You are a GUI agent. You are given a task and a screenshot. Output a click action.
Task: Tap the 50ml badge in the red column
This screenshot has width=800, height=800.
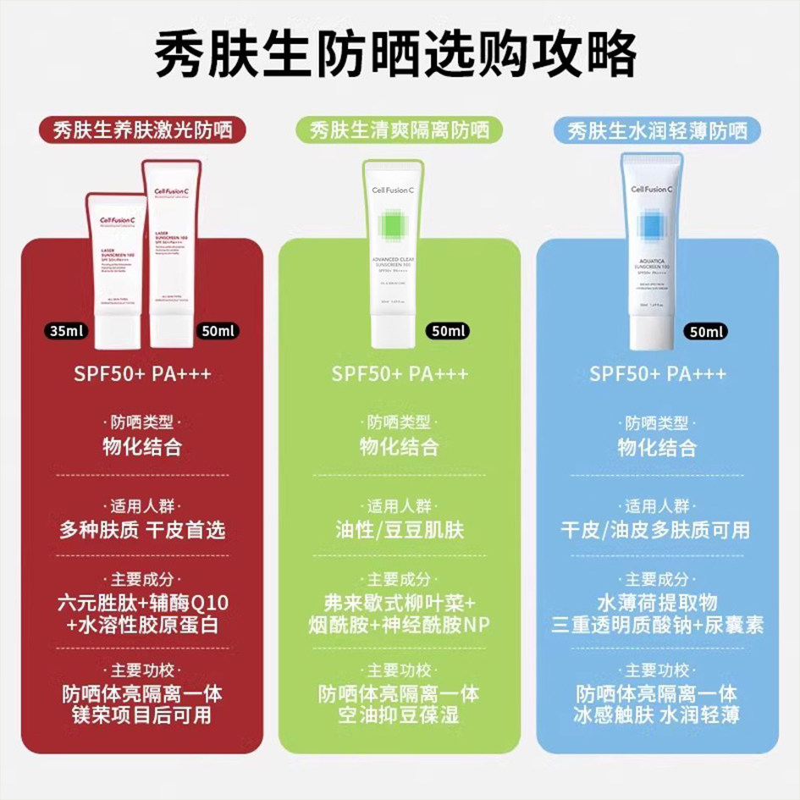click(215, 331)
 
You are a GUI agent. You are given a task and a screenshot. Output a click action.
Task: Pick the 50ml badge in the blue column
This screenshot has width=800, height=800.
click(707, 331)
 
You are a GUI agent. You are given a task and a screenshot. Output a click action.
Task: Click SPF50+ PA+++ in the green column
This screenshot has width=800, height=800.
click(400, 374)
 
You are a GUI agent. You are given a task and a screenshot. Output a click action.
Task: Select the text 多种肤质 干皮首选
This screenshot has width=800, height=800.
click(142, 531)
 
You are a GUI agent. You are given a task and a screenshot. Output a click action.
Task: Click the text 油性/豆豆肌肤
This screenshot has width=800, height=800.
click(400, 531)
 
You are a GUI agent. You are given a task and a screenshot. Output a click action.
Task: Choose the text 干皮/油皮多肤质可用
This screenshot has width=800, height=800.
click(657, 531)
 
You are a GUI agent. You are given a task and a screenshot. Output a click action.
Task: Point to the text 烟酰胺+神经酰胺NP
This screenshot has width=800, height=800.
click(400, 625)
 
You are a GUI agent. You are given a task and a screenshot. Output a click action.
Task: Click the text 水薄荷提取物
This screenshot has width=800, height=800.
click(657, 603)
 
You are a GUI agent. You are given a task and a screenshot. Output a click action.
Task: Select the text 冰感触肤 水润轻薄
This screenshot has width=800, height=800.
click(657, 715)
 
